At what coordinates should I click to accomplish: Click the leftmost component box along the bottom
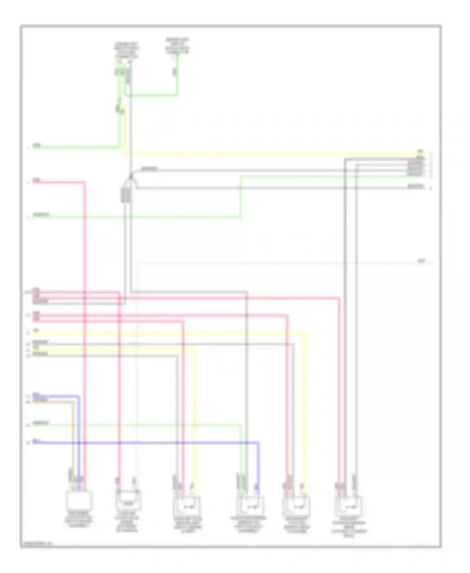point(79,501)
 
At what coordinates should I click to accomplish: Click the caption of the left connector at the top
point(126,50)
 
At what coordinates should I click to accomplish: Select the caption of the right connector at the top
point(177,46)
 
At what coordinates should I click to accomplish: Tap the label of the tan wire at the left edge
point(40,400)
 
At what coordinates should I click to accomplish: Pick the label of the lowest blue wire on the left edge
point(37,442)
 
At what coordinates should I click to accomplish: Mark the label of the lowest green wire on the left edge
point(41,423)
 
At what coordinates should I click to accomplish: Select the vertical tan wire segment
point(73,439)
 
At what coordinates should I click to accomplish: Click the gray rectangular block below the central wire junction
point(126,194)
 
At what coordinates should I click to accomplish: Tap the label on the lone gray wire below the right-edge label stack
point(415,187)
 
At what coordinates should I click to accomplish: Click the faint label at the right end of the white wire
point(422,261)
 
